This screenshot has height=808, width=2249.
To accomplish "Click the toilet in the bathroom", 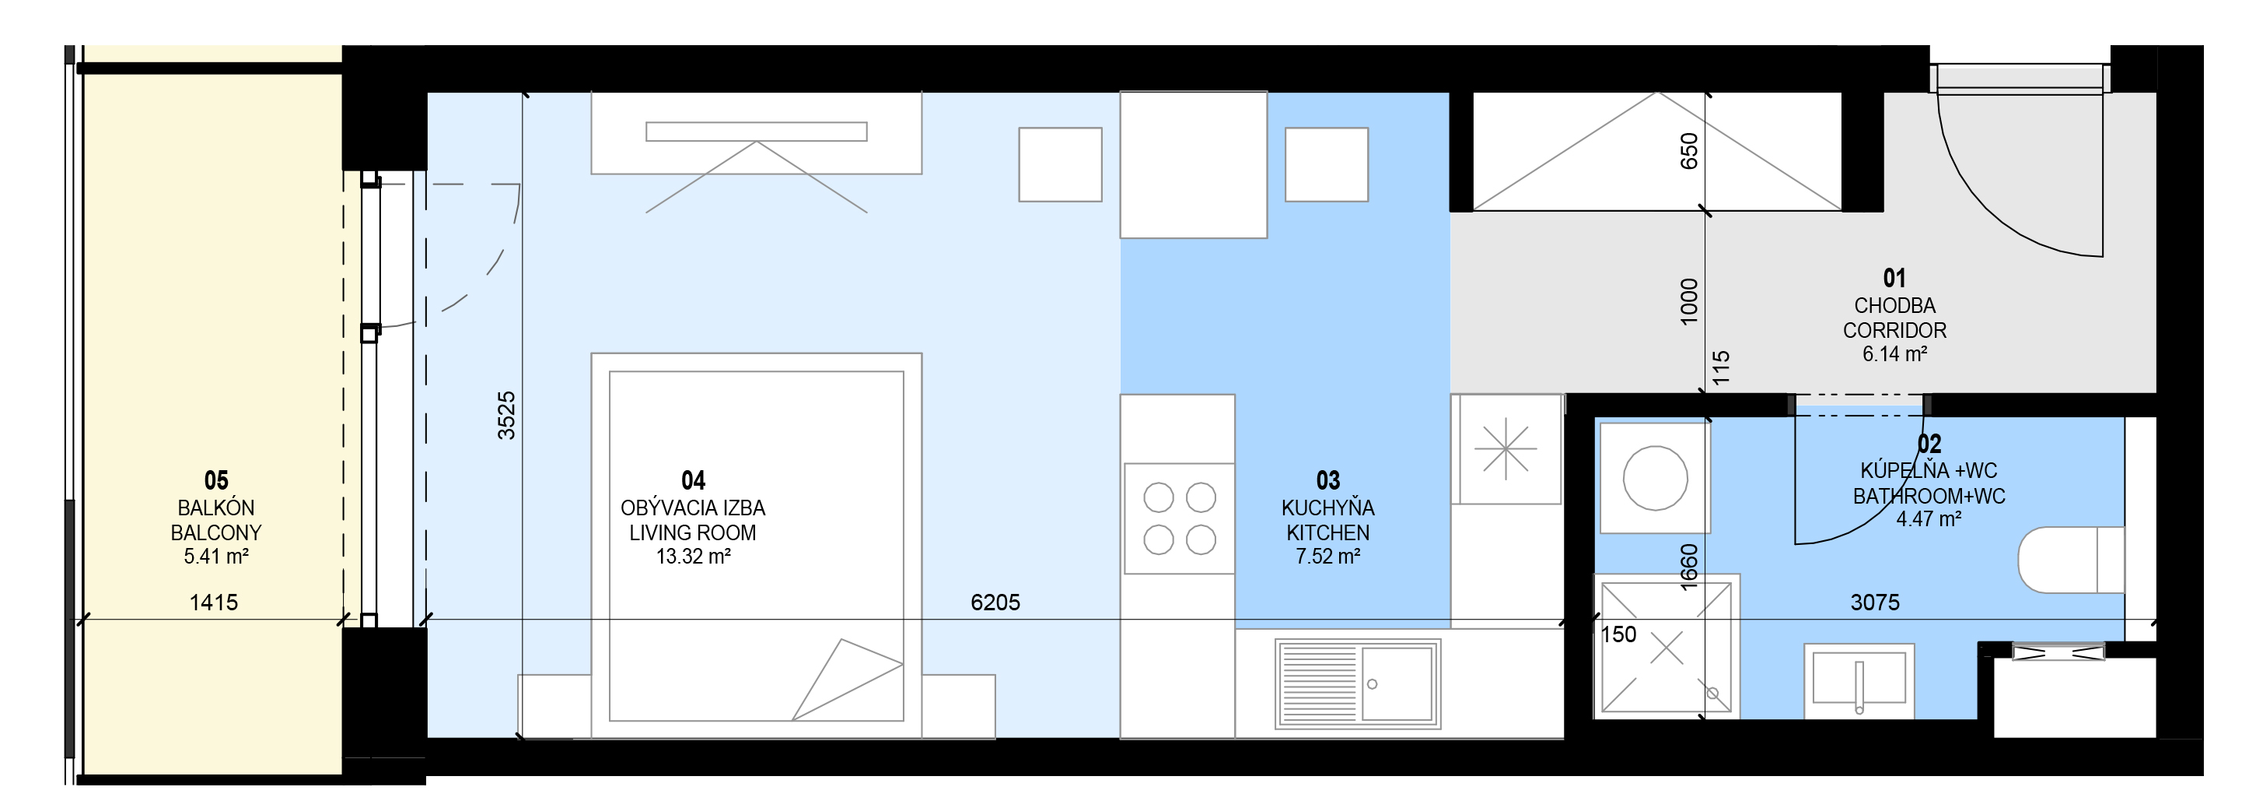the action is point(2071,560).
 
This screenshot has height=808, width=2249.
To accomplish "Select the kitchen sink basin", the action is point(1397,683).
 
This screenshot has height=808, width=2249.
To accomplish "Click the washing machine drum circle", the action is point(1654,478).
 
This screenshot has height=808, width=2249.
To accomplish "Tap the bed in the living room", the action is point(756,546).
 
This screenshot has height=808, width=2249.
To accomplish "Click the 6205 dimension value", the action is point(995,602).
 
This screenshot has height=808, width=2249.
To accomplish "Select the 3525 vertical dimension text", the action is point(506,415).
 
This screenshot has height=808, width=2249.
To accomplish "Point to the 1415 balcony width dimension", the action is point(214,602).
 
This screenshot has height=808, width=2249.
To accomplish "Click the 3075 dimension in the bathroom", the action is point(1874,602).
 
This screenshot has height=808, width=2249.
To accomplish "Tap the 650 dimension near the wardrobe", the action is point(1689,150).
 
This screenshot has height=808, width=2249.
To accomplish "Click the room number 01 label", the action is point(1894,278).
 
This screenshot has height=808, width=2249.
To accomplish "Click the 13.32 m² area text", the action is point(693,557).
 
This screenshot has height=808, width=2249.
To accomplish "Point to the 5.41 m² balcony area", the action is point(215,557).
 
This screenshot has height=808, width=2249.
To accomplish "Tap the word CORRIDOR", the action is point(1894,330).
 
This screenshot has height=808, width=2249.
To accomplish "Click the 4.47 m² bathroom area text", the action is point(1929,519).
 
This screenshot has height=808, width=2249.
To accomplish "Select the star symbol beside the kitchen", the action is point(1505,450).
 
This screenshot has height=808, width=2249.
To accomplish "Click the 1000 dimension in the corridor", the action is point(1689,301).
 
